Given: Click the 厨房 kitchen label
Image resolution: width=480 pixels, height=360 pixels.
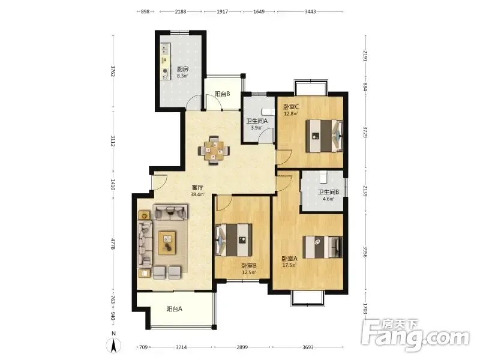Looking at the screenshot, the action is (182, 69).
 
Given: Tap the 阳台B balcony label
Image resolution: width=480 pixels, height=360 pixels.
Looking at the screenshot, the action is (222, 94).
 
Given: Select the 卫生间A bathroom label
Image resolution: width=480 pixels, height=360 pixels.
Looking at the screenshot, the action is (257, 121).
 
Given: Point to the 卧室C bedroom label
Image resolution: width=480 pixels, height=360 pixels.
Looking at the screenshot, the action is (291, 107).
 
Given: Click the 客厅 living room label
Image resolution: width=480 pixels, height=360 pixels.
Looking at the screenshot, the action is (197, 188).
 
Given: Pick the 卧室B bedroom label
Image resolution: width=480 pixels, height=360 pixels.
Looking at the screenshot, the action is (249, 266).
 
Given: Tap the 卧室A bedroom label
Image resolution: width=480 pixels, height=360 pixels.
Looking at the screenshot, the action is (290, 259).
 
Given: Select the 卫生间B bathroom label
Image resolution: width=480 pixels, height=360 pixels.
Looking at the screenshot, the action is (328, 192).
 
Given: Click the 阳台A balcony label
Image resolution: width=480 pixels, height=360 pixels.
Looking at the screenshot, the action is (175, 309).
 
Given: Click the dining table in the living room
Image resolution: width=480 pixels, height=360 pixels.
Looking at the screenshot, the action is (214, 151).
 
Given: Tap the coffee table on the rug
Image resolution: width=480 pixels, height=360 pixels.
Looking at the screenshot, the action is (167, 243).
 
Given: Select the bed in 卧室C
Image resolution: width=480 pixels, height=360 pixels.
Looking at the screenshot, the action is (324, 136).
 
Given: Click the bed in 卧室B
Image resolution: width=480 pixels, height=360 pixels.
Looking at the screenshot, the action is (234, 241).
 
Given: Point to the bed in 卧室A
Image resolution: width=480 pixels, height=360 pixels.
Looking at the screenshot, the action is (323, 247).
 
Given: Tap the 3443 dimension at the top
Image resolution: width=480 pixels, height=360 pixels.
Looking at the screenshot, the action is (310, 11).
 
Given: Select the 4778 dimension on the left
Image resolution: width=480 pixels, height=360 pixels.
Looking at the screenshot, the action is (113, 244).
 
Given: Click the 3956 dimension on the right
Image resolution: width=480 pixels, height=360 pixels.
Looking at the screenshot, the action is (365, 251).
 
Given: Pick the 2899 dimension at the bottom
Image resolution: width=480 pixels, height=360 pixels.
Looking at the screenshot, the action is (242, 347).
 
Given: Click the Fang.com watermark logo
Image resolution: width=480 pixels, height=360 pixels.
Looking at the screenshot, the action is (415, 335).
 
